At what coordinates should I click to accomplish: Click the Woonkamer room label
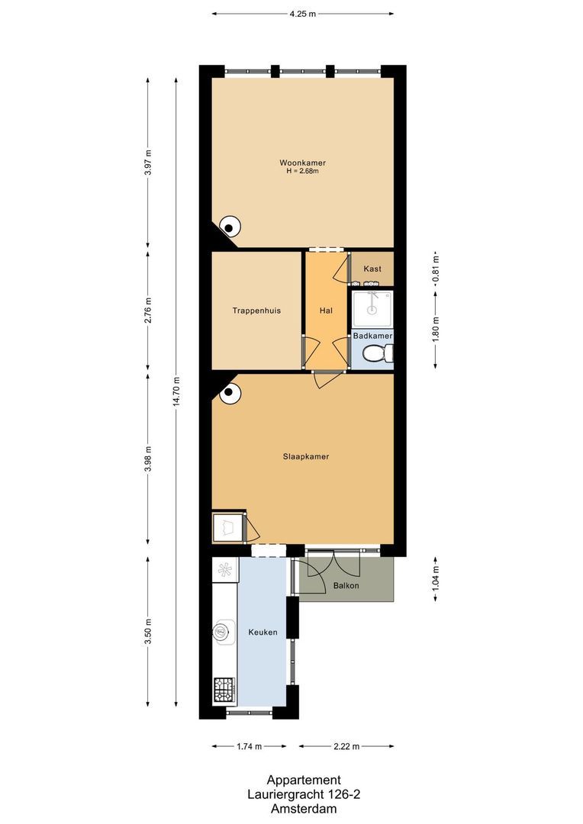coord(302,163)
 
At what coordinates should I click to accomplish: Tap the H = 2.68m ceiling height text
coord(302,171)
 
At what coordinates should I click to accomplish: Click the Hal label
coord(326,311)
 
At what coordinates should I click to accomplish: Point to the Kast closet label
coord(372,269)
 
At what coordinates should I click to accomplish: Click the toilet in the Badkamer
coord(378,353)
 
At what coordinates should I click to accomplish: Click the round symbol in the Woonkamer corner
coord(230,225)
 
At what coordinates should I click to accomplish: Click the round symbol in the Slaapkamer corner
coord(230,394)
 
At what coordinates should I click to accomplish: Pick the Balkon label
coord(346,586)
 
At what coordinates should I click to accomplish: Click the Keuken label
coord(262,632)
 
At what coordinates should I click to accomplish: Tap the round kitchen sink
coord(221,630)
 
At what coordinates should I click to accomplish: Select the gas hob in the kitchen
coord(224,691)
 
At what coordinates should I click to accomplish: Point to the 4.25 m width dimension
coord(302,14)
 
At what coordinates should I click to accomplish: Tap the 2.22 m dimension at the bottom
coord(346,746)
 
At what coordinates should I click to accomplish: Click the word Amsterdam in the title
coord(303,807)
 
